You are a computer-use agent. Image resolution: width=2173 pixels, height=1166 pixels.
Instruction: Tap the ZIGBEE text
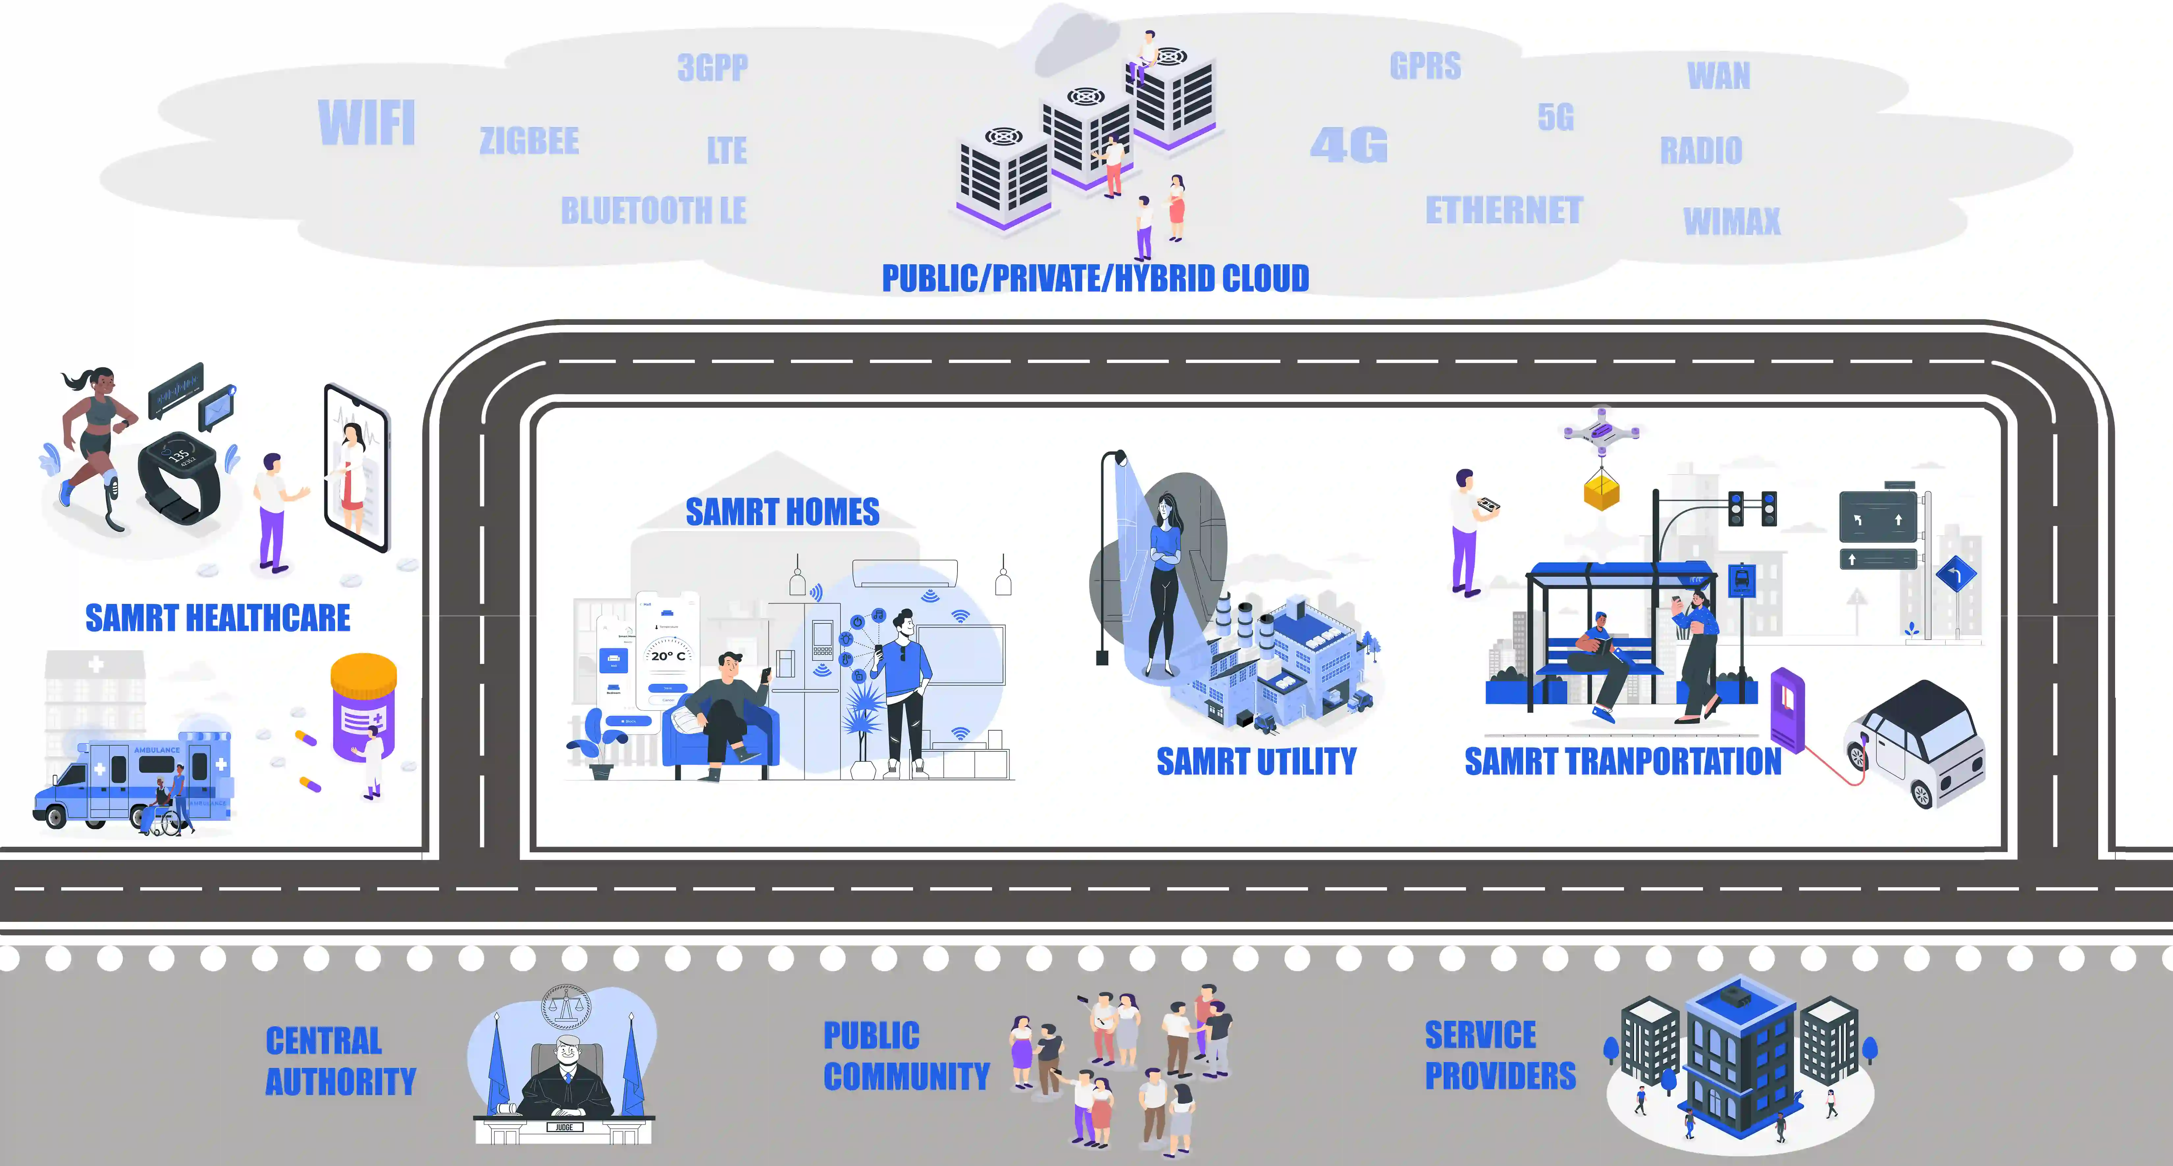529,141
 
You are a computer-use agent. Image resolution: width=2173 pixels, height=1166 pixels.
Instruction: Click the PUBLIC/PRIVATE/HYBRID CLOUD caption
1095,278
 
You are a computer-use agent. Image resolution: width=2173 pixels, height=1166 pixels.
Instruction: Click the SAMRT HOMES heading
782,512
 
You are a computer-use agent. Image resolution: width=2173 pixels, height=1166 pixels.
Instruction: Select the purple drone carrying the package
1601,432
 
